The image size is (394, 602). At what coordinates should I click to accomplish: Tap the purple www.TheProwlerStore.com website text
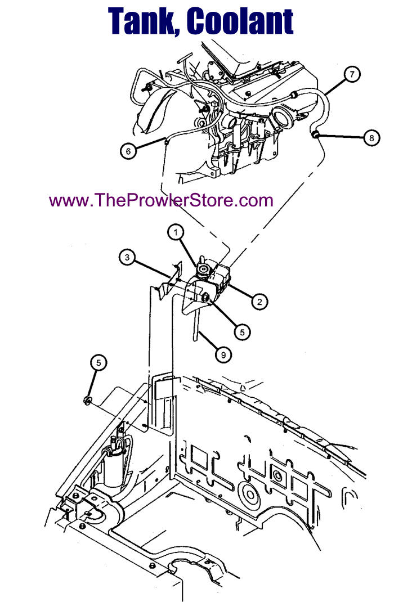click(162, 200)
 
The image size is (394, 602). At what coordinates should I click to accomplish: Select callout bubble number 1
click(176, 232)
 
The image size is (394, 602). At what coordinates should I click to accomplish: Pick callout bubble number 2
click(259, 302)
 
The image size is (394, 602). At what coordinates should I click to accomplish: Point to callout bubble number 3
click(127, 257)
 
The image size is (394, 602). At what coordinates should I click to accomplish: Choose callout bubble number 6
click(128, 151)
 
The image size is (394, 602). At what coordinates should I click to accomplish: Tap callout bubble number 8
click(371, 137)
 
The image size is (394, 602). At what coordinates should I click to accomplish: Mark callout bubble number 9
click(223, 355)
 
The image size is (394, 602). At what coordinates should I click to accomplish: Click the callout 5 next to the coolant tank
click(243, 332)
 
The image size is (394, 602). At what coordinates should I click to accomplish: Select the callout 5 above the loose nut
click(98, 362)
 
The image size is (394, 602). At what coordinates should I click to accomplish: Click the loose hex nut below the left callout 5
click(88, 401)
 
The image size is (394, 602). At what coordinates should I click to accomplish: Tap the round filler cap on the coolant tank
click(203, 269)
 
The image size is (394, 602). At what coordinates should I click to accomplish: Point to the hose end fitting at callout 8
click(315, 134)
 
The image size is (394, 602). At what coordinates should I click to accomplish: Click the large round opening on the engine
click(283, 118)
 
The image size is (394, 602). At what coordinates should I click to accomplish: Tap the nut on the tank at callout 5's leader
click(205, 296)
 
